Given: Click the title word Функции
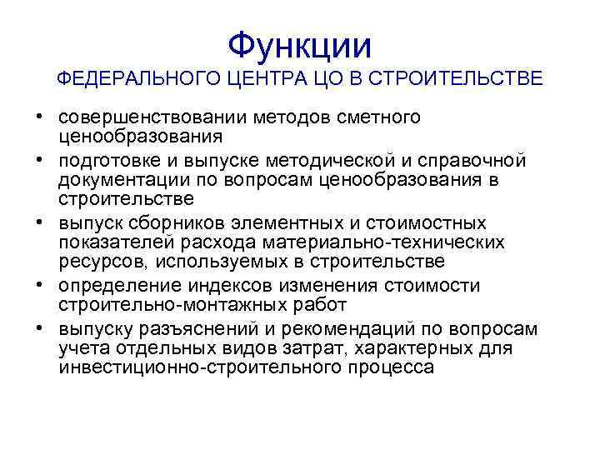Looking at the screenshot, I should [x=300, y=43].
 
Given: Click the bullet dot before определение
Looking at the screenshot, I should [x=41, y=285].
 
